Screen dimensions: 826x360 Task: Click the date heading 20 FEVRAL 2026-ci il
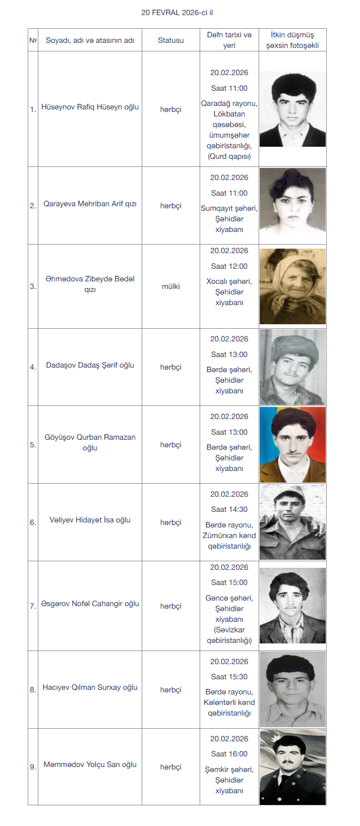(177, 12)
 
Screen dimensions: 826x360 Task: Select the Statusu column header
(170, 40)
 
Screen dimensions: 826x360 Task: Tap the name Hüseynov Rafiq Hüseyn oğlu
(90, 107)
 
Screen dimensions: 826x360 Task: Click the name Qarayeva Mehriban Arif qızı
(90, 204)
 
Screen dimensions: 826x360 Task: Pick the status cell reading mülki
(170, 286)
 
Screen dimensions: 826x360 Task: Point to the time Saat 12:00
(229, 266)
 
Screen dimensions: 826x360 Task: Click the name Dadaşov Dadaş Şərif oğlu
(90, 365)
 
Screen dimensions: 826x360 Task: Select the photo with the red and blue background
(292, 445)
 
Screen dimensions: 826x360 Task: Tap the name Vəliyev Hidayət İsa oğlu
(90, 520)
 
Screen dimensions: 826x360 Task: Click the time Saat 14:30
(229, 509)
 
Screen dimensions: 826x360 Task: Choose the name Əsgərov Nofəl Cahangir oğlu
(90, 604)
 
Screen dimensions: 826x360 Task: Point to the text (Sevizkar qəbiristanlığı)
(229, 635)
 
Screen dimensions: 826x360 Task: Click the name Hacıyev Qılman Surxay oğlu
(90, 687)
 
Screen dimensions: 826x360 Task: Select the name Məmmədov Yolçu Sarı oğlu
(90, 764)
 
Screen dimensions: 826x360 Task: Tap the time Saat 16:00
(229, 754)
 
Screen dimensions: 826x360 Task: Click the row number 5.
(33, 445)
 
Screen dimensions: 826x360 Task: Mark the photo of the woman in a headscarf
(292, 286)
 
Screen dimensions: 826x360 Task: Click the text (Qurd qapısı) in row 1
(229, 156)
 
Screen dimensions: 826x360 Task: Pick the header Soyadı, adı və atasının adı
(90, 40)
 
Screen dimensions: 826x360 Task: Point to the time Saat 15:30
(229, 677)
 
